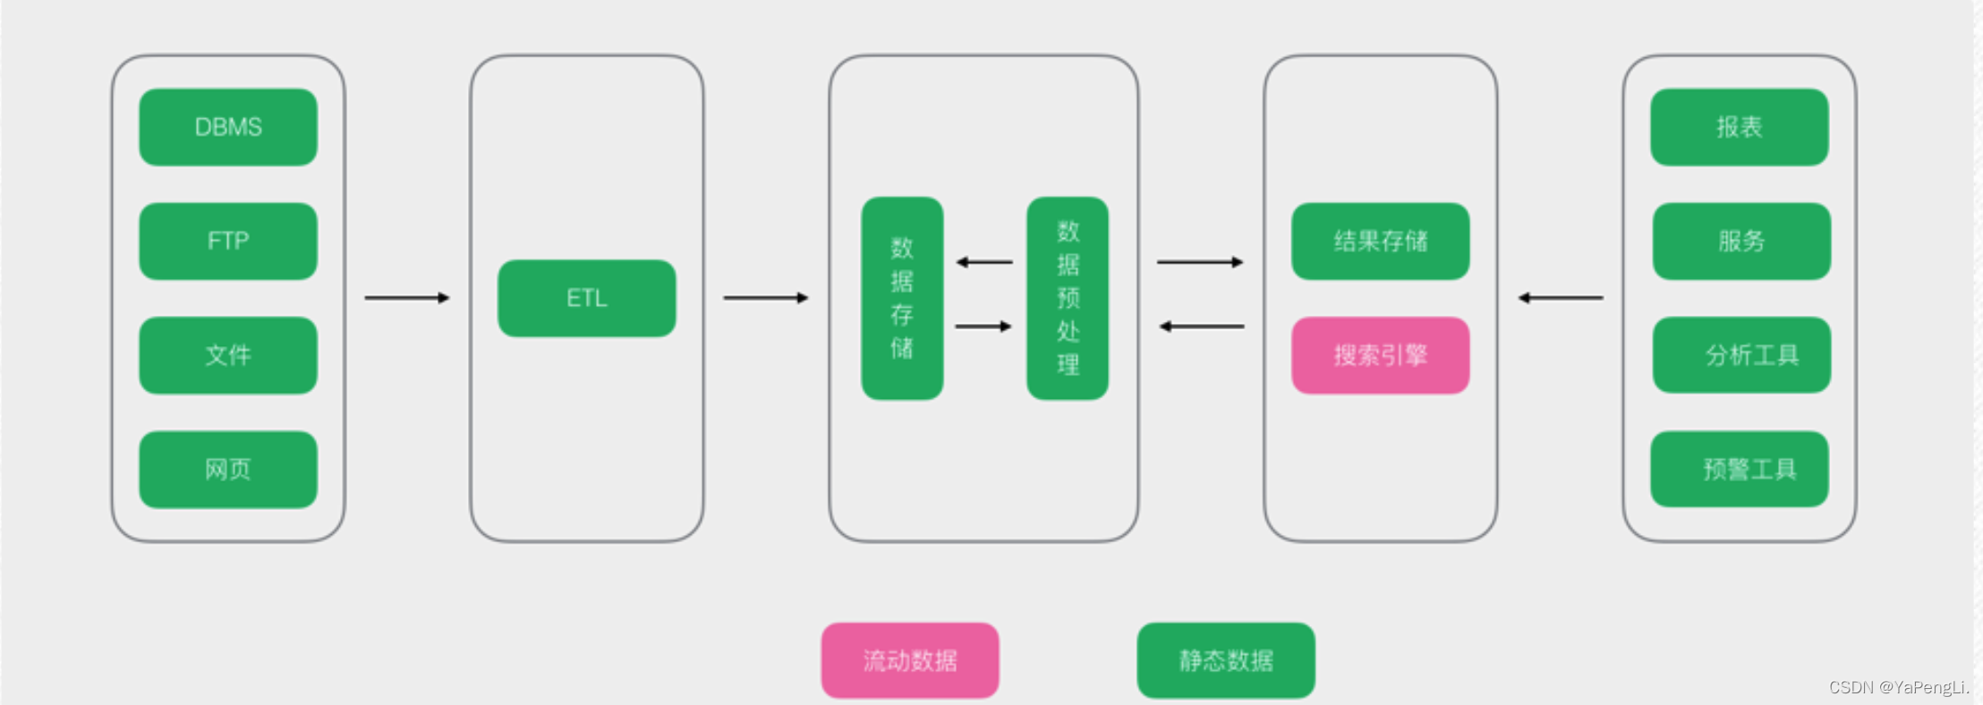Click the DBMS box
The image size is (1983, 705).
click(x=228, y=127)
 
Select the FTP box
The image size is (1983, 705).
click(x=228, y=242)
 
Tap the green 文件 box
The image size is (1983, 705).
click(x=228, y=355)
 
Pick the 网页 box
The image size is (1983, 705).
click(x=228, y=470)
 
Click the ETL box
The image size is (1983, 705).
click(x=587, y=298)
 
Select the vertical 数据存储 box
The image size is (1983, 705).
click(x=902, y=298)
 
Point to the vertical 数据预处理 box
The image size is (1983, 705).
click(x=1068, y=298)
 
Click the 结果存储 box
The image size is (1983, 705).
click(x=1380, y=242)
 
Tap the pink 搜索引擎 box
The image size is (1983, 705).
click(x=1380, y=355)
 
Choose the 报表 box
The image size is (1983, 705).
click(x=1739, y=127)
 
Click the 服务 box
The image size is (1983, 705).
click(x=1741, y=242)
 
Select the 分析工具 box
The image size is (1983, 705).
click(x=1741, y=355)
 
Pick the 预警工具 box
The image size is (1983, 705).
click(x=1739, y=470)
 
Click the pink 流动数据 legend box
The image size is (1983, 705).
click(x=910, y=660)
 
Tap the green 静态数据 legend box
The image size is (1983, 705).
click(x=1226, y=660)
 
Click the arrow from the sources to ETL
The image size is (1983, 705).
click(x=407, y=298)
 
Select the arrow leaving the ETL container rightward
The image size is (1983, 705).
click(x=766, y=298)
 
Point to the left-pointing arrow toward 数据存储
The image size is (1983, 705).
click(x=984, y=262)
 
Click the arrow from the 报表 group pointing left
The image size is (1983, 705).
click(x=1561, y=298)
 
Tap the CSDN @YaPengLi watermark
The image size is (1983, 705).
click(x=1899, y=687)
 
